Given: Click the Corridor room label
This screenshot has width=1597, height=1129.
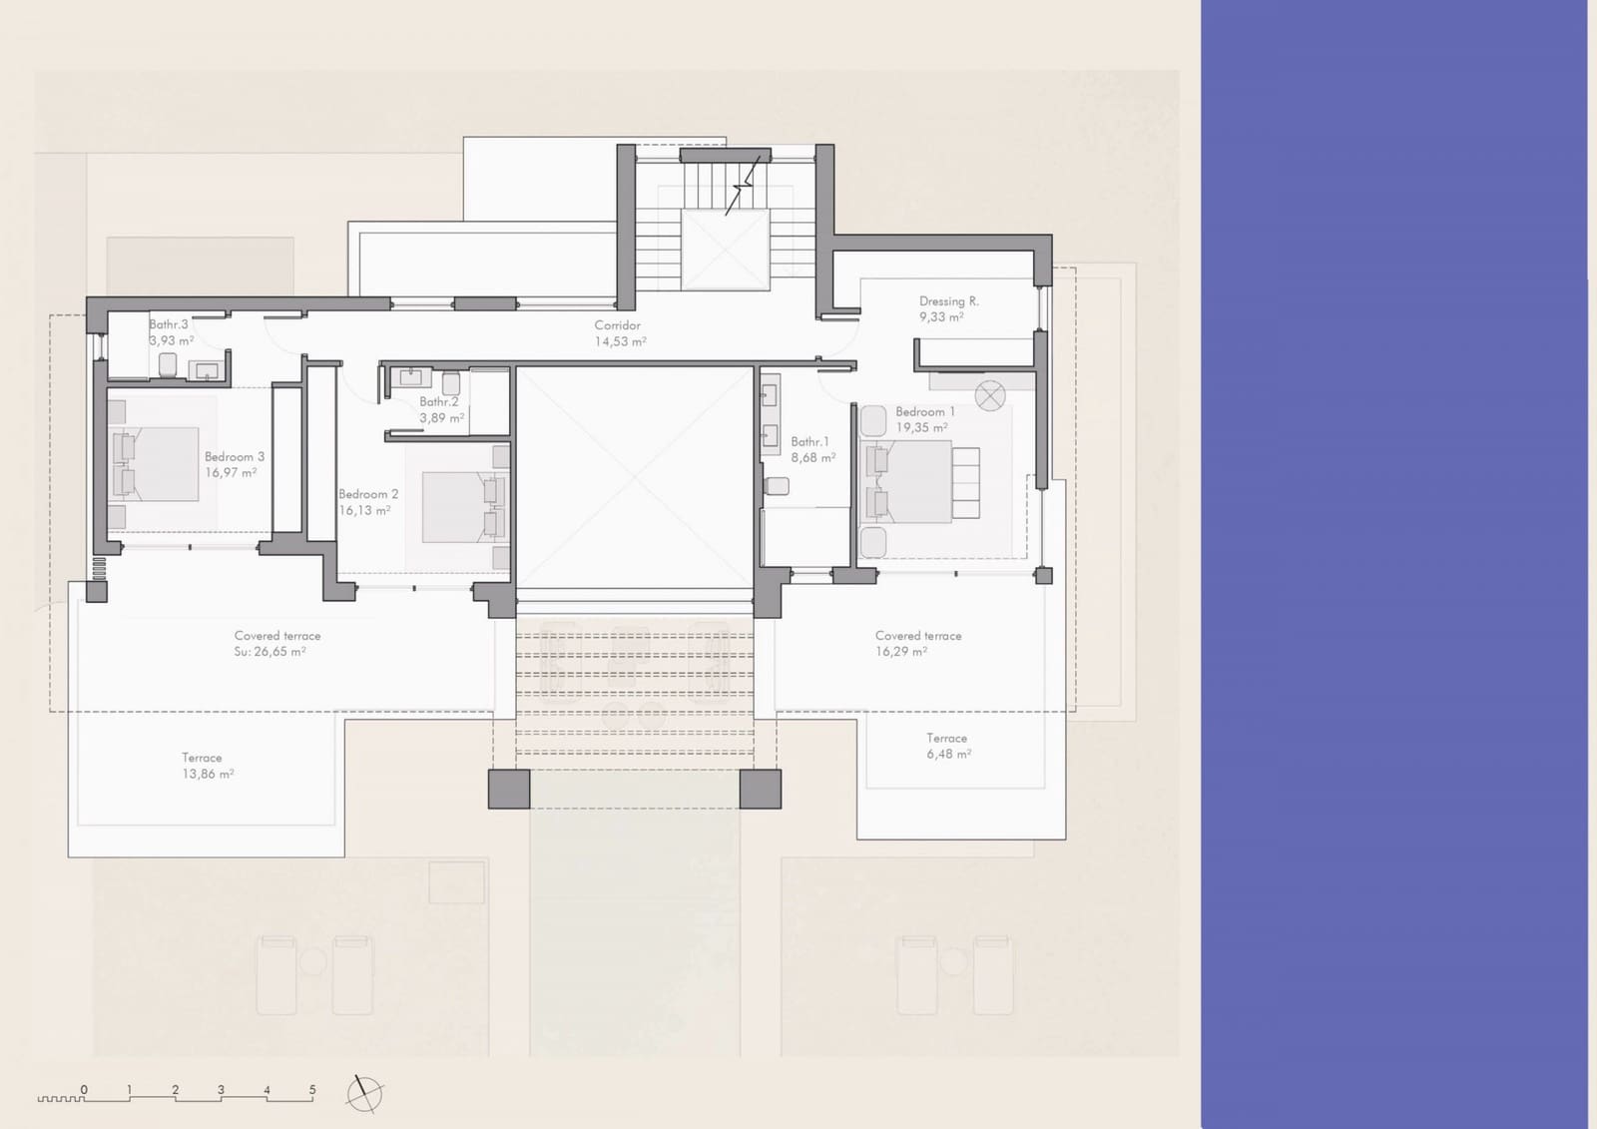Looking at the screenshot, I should point(617,325).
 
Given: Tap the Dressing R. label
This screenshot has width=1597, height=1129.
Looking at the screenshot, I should point(948,300).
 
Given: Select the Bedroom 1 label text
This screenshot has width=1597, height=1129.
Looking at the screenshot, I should point(924,411).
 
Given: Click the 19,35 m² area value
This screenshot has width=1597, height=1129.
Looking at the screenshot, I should point(920,427).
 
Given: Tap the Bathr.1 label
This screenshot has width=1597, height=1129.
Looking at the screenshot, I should point(809,441).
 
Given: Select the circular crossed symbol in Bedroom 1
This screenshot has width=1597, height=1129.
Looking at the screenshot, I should point(989,396).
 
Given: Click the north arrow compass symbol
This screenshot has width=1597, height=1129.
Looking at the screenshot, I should point(364,1094).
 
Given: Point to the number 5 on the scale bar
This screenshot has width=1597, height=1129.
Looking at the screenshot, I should point(312,1089).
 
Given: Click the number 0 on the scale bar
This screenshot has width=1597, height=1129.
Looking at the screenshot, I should point(84,1089).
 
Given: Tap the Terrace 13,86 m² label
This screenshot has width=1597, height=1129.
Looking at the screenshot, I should point(207,766).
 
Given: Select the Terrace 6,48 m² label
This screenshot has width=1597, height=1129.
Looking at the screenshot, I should point(947,746).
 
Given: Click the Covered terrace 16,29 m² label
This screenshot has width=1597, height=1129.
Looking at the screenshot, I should point(917,643).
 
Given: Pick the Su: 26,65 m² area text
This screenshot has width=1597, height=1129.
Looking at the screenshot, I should point(269,652).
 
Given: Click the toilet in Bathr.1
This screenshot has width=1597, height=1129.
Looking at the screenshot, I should point(777,486).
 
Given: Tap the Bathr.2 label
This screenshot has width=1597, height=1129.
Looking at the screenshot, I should point(438,401).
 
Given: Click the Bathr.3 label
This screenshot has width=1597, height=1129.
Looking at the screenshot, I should point(168,324).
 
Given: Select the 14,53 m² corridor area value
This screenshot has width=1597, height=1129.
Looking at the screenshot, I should point(620,341).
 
